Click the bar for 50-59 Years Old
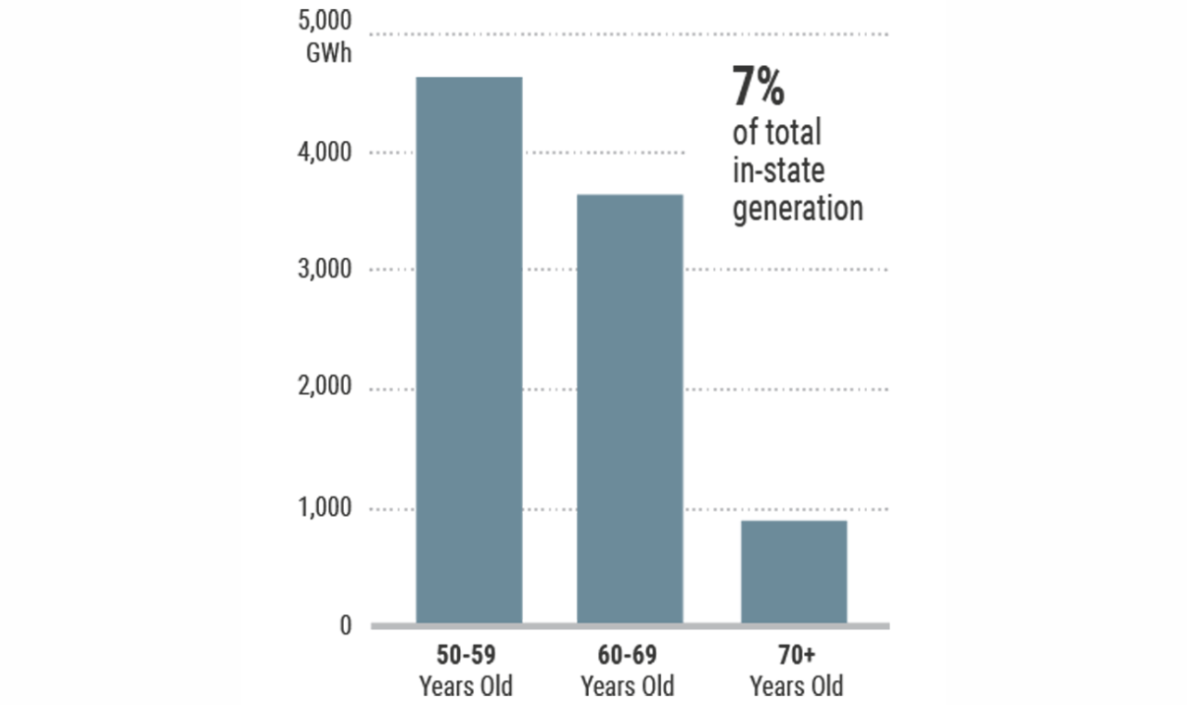[468, 350]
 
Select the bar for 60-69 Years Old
[630, 408]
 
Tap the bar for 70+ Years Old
[794, 571]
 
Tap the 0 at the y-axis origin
[345, 626]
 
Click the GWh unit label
[329, 52]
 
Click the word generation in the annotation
[798, 208]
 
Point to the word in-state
[779, 171]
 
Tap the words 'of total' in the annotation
[777, 133]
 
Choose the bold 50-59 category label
[466, 656]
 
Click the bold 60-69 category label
[628, 656]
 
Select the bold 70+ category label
[796, 656]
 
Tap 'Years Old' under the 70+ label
[796, 686]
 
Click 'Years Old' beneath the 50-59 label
[466, 686]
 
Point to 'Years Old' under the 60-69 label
[628, 686]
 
